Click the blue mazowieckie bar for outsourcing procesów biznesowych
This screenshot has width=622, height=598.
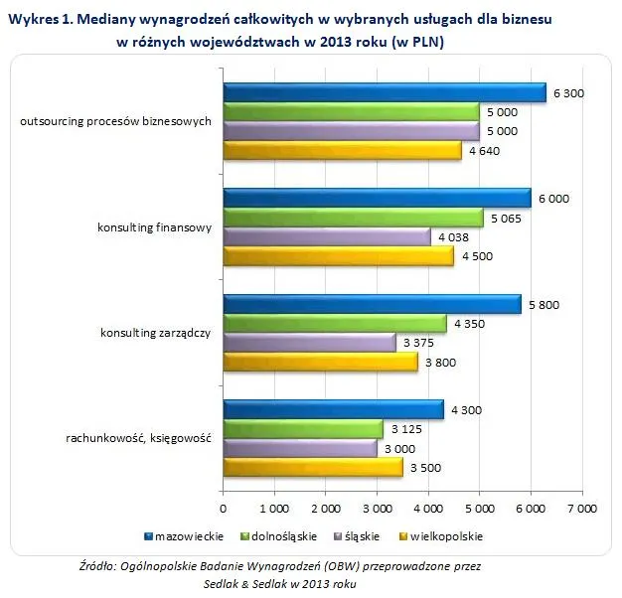(385, 93)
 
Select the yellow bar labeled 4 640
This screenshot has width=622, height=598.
(342, 151)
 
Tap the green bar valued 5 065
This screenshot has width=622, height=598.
(353, 218)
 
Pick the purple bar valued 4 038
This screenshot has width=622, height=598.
(327, 237)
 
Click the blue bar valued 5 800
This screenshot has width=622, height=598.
(372, 304)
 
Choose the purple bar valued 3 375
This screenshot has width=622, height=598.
(310, 343)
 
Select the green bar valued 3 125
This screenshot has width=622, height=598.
(303, 428)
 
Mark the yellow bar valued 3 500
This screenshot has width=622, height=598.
(313, 467)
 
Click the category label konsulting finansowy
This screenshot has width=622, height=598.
(154, 227)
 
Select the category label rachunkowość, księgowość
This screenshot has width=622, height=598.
(138, 439)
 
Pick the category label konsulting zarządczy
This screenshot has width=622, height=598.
(155, 333)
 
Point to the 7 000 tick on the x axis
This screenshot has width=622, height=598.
(581, 508)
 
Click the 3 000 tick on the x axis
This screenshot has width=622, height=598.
(377, 508)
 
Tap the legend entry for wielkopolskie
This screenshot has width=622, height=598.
(448, 536)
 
